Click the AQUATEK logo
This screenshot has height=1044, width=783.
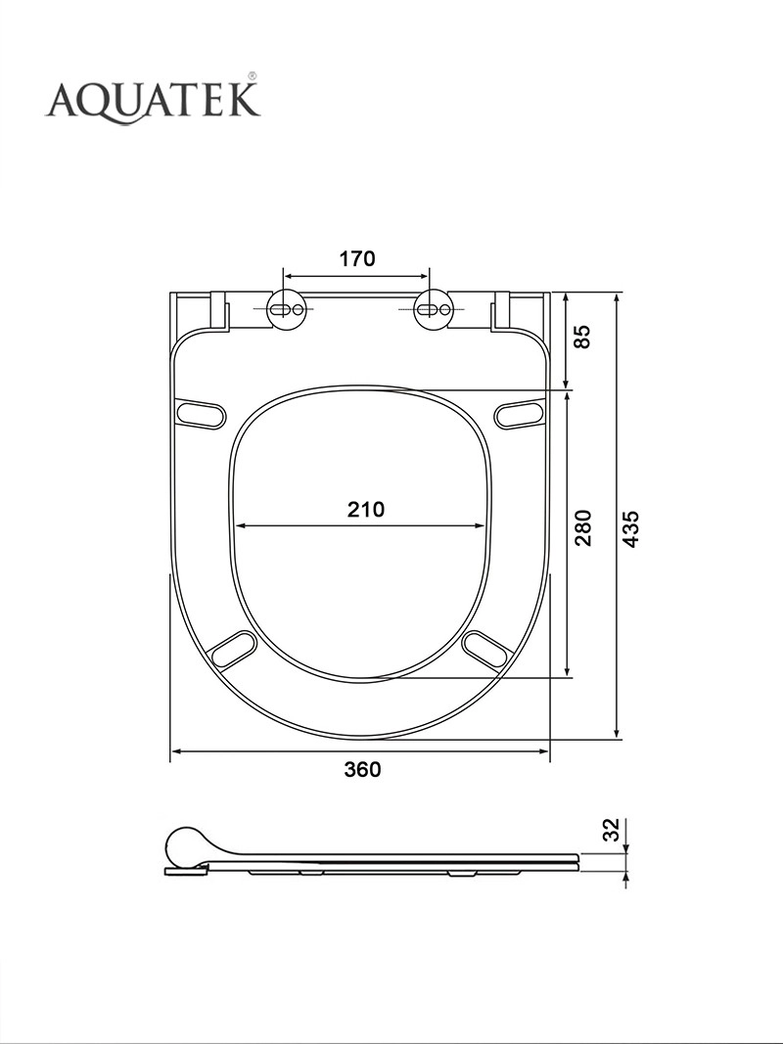(153, 101)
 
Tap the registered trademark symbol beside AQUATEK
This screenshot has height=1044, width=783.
(253, 76)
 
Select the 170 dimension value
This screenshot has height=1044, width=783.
(357, 258)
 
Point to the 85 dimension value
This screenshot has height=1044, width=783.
(582, 337)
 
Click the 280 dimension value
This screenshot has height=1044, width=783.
(583, 527)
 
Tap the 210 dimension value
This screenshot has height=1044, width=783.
(365, 510)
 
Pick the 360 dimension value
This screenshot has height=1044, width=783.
(362, 770)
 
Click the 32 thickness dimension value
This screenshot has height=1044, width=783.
(611, 830)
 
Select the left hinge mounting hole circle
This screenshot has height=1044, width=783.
(288, 309)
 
